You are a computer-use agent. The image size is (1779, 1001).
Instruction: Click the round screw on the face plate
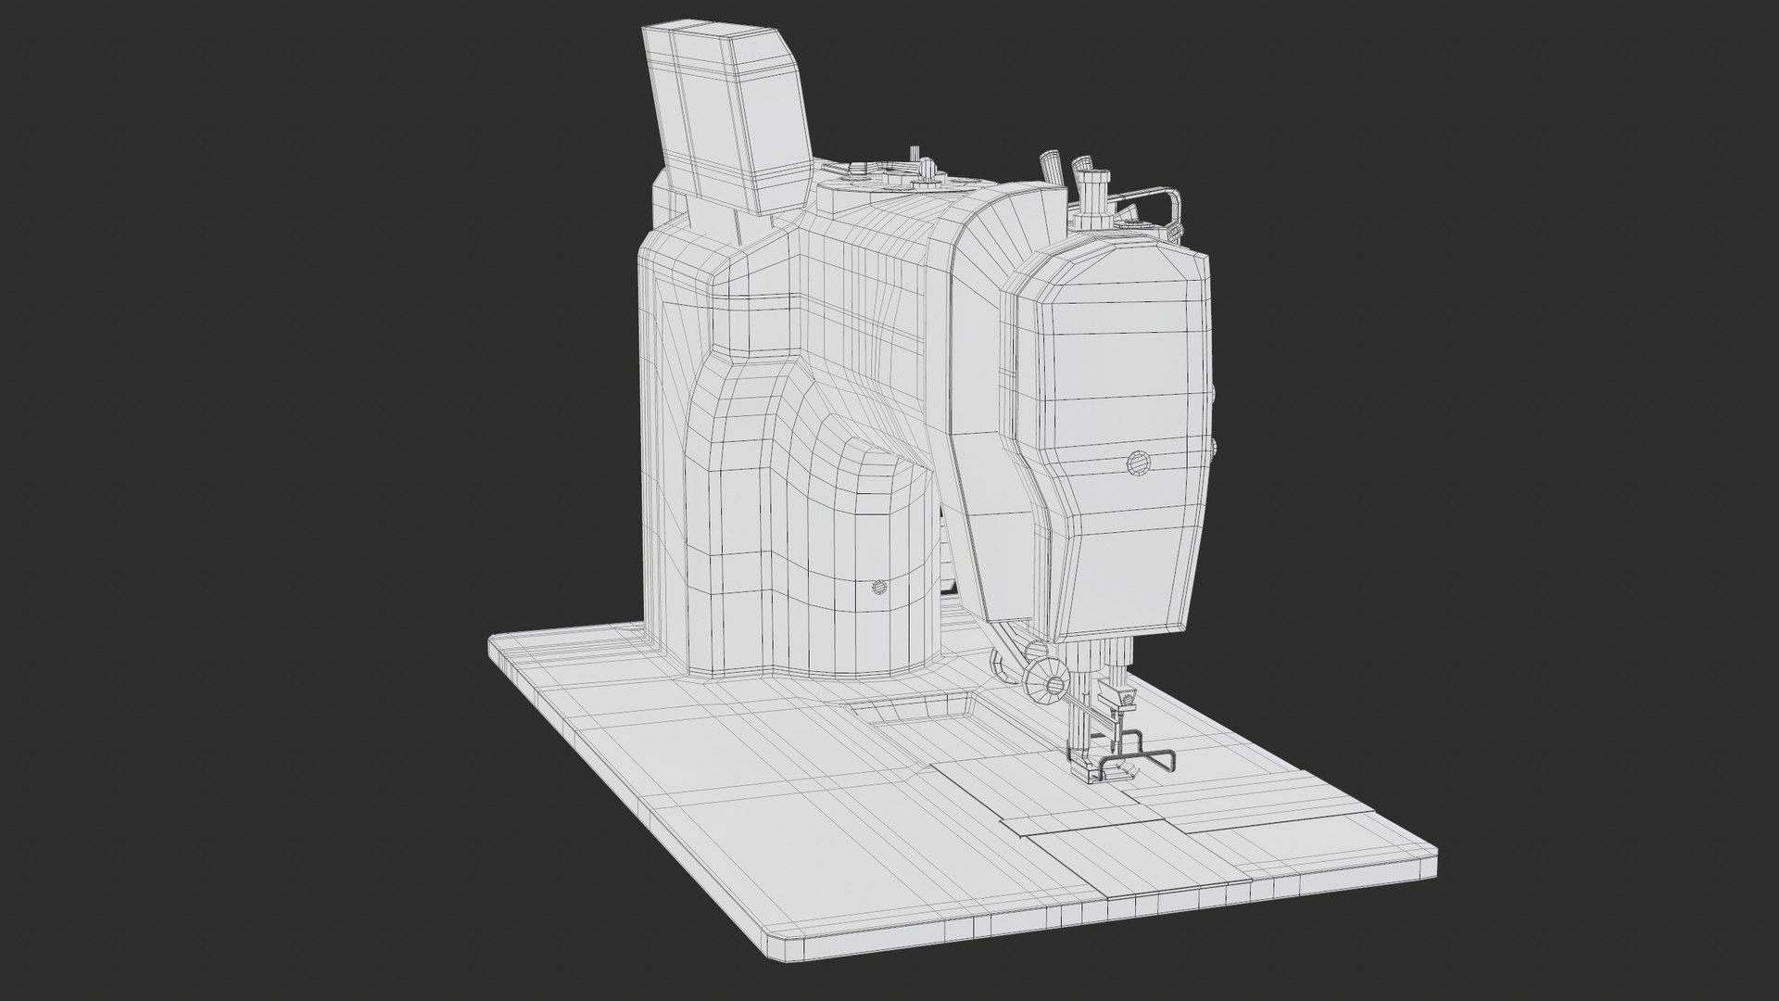1136,464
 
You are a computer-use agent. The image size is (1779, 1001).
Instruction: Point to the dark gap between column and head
947,575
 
